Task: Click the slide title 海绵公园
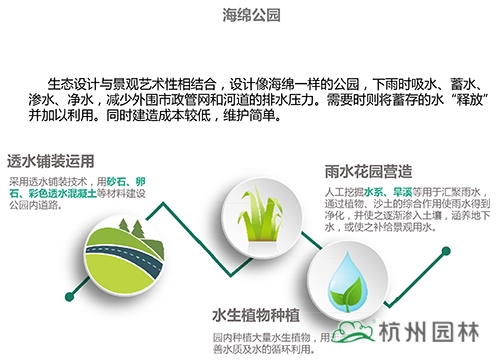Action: click(250, 15)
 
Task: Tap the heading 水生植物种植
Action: click(262, 316)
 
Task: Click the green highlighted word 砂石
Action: click(118, 180)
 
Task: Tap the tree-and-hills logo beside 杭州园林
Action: click(353, 337)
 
